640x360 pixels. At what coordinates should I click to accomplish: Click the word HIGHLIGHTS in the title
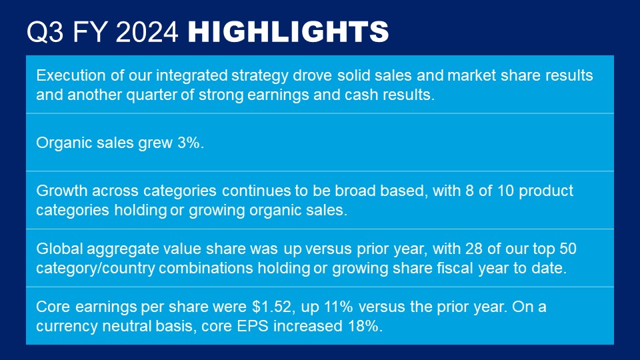click(x=288, y=32)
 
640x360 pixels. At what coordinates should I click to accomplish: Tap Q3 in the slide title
click(x=45, y=32)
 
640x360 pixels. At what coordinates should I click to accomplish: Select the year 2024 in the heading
click(x=147, y=32)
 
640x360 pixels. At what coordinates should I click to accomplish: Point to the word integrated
click(x=192, y=75)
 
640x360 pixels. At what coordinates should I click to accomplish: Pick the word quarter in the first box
click(x=151, y=95)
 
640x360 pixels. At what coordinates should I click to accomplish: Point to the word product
click(x=546, y=191)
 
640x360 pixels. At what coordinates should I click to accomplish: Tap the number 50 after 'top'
click(x=568, y=249)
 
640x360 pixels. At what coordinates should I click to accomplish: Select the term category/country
click(x=95, y=269)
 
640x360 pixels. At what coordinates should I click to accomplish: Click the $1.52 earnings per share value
click(x=272, y=307)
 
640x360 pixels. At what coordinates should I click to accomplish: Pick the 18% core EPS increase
click(x=365, y=326)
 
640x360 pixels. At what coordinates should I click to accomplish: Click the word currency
click(x=67, y=327)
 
